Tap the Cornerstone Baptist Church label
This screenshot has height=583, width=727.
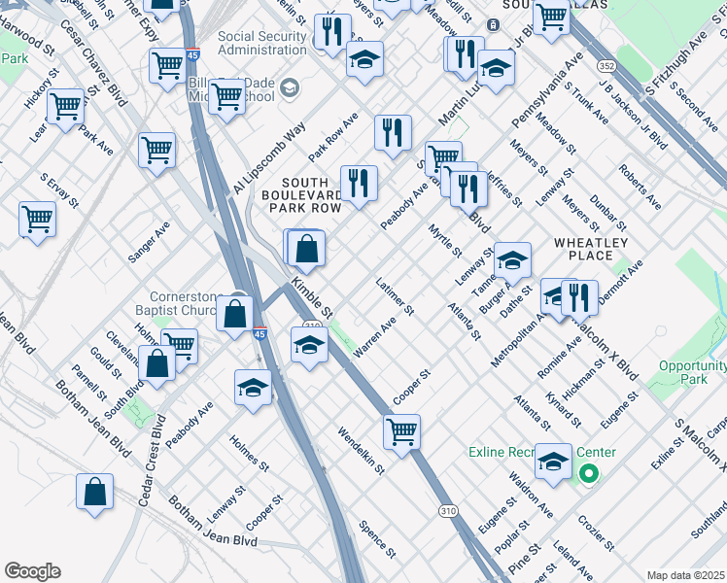[190, 305]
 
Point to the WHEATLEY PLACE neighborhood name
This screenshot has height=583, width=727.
[591, 249]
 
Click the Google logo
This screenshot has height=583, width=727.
[32, 571]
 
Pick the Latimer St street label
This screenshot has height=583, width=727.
[395, 296]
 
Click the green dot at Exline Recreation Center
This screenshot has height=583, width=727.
[588, 474]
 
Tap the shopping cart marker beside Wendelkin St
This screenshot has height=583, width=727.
[401, 429]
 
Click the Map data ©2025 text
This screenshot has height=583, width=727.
[685, 575]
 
